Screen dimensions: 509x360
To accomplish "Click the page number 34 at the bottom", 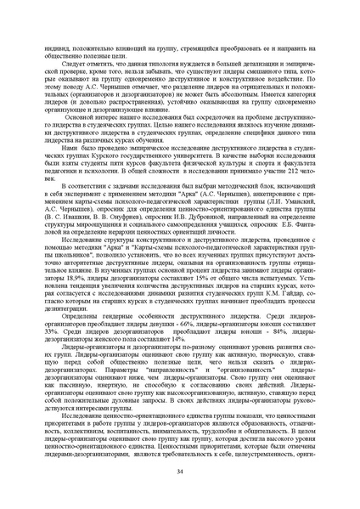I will click(180, 472).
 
